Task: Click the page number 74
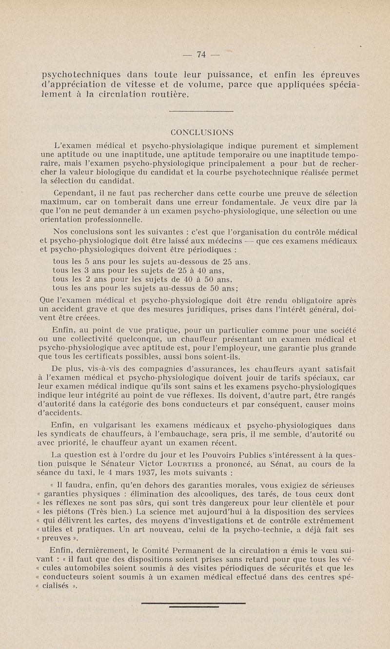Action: coord(200,55)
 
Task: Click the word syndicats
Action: coord(74,434)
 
